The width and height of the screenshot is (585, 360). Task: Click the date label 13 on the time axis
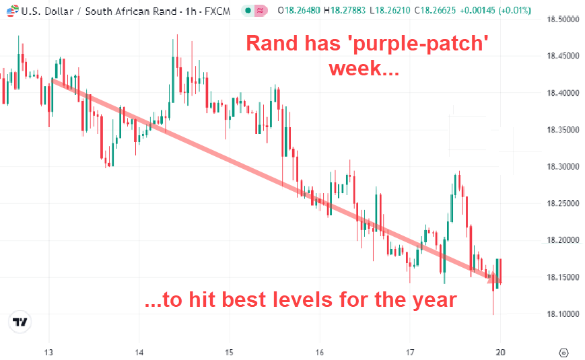(x=48, y=352)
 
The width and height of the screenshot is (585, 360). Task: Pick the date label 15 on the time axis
(x=229, y=352)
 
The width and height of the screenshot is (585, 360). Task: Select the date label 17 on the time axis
(x=410, y=352)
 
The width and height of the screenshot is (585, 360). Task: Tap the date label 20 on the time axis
(x=500, y=352)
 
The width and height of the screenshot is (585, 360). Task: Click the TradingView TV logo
(x=21, y=322)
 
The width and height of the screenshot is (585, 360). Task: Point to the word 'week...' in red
(x=364, y=68)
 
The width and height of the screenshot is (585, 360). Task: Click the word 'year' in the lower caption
(x=432, y=299)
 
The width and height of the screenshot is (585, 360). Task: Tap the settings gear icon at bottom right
(x=565, y=352)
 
